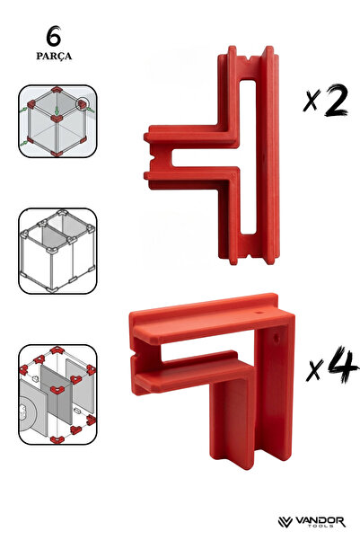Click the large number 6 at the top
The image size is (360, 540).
(x=54, y=36)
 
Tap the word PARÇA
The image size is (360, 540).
(x=54, y=56)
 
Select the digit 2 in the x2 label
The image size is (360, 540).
(x=336, y=101)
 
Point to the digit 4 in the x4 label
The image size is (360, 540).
(x=342, y=365)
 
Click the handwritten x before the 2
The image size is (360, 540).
(x=311, y=101)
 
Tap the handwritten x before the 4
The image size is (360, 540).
(x=314, y=370)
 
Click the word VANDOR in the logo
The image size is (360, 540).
(x=320, y=521)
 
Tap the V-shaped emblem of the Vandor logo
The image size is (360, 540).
(x=285, y=522)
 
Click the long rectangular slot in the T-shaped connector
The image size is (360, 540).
(x=248, y=157)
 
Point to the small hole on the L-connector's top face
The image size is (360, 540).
(x=259, y=313)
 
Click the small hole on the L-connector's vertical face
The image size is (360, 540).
(x=276, y=338)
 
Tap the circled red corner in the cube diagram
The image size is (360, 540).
(x=82, y=104)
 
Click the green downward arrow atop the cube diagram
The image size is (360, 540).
(x=57, y=111)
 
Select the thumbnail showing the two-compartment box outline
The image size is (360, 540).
(x=57, y=251)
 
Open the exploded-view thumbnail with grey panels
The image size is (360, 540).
(x=57, y=394)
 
